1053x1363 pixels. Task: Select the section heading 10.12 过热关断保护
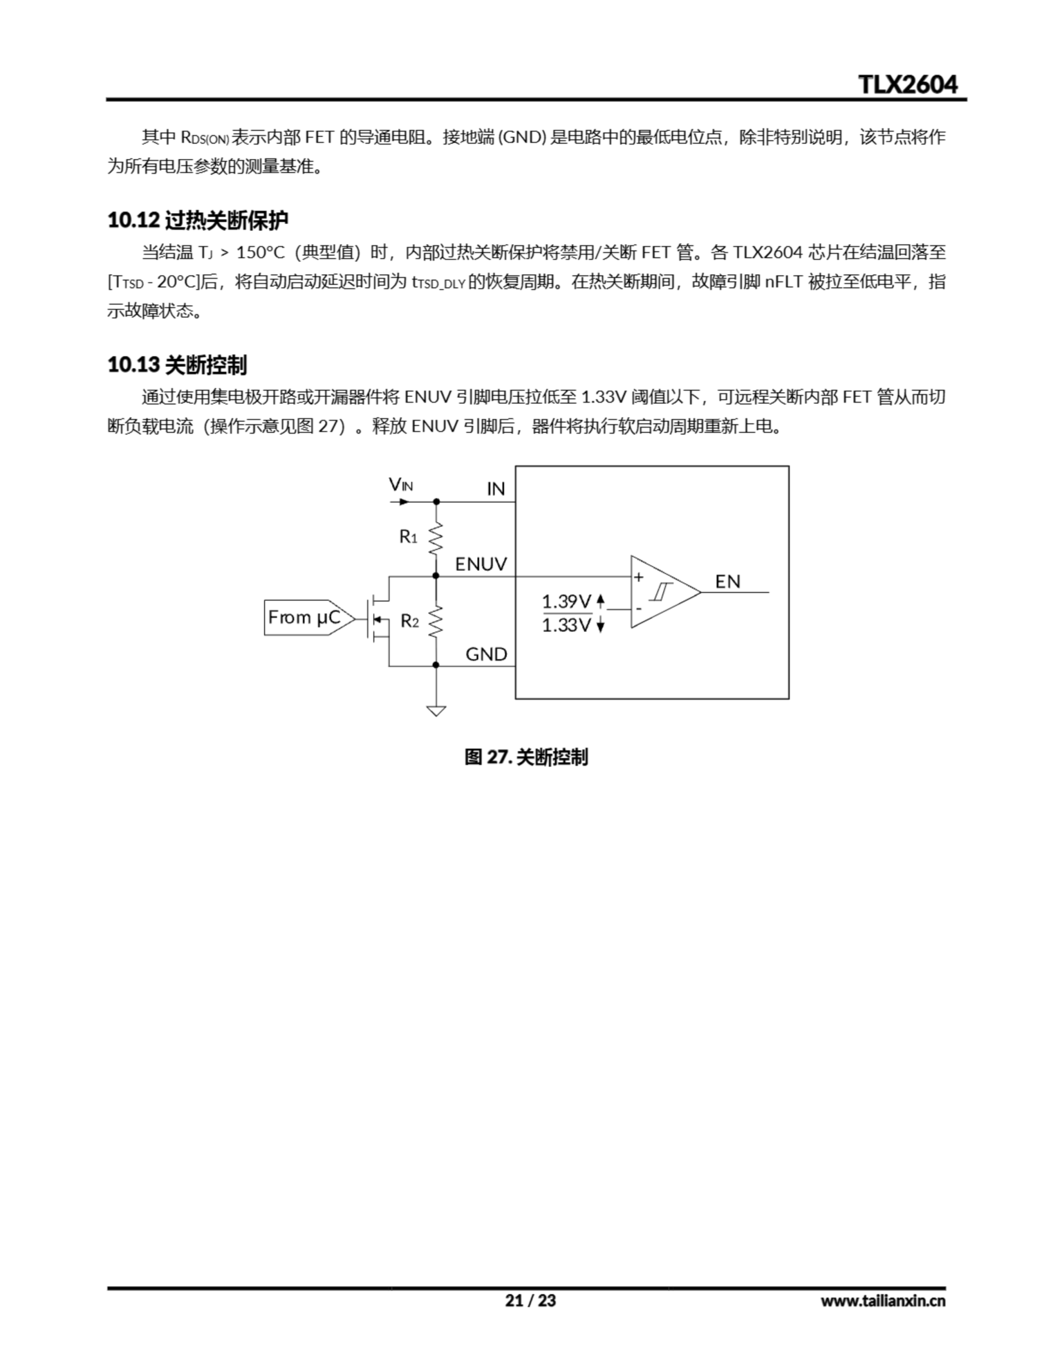point(198,220)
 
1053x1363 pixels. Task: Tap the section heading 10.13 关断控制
point(177,365)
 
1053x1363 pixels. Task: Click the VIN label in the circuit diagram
point(400,485)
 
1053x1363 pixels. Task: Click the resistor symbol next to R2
point(435,621)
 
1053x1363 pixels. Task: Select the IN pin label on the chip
point(496,489)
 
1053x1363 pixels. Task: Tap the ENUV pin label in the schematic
point(481,564)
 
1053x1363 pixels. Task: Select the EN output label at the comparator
point(727,581)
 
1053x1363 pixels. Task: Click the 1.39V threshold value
point(566,602)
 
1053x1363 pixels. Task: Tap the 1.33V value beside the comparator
point(566,626)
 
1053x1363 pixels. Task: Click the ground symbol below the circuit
point(435,710)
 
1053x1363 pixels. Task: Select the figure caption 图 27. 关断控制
point(526,758)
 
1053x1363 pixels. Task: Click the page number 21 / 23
point(530,1301)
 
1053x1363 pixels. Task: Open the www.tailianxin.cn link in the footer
point(883,1301)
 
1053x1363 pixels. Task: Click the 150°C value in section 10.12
point(260,253)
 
